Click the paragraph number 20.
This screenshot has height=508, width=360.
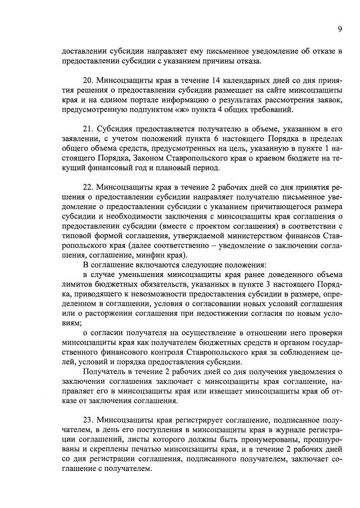[x=87, y=81]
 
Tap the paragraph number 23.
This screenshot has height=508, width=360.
[x=87, y=419]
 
